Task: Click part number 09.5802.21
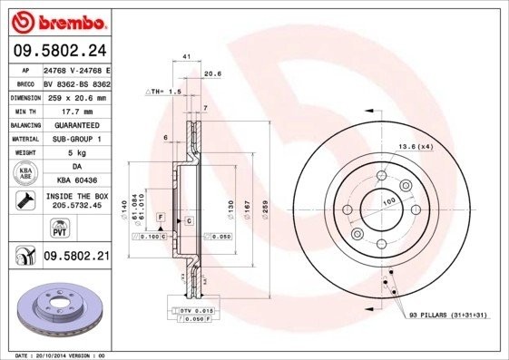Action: (x=76, y=257)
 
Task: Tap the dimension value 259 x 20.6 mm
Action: (x=76, y=97)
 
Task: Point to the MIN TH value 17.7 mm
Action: (x=76, y=111)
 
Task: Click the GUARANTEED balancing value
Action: (x=76, y=124)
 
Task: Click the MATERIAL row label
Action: (x=24, y=139)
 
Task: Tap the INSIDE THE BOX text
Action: (x=76, y=196)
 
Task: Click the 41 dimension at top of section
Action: (x=185, y=56)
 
